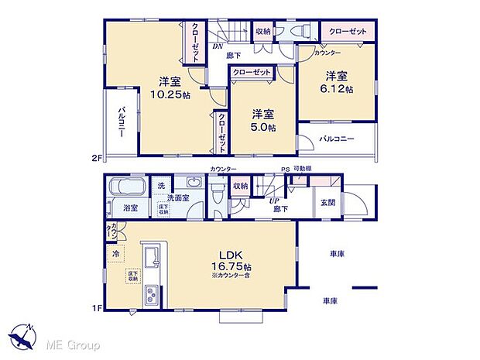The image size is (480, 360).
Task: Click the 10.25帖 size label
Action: (166, 95)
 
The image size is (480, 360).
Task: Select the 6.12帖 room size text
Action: (339, 89)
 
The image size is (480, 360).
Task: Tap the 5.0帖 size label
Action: (262, 128)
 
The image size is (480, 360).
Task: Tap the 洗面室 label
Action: (184, 197)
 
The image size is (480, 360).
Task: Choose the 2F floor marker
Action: (96, 159)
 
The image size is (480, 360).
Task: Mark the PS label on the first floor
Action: (285, 170)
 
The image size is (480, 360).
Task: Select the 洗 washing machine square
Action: (161, 187)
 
